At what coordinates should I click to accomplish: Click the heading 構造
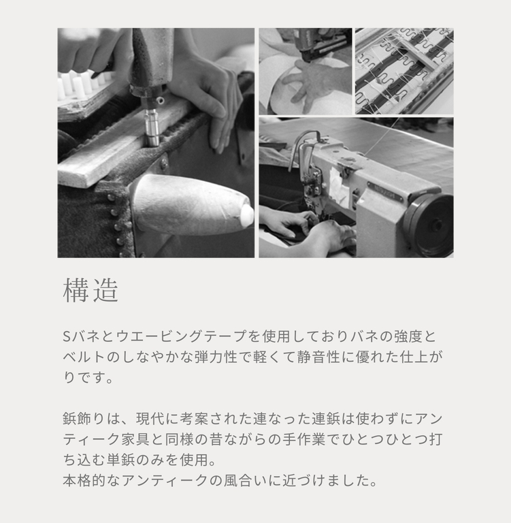tap(90, 290)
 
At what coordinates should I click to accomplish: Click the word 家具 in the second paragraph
tap(135, 439)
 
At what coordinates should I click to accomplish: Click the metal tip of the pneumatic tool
tap(152, 129)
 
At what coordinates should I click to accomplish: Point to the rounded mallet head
tap(192, 205)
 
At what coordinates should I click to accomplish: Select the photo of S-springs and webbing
tap(404, 71)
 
